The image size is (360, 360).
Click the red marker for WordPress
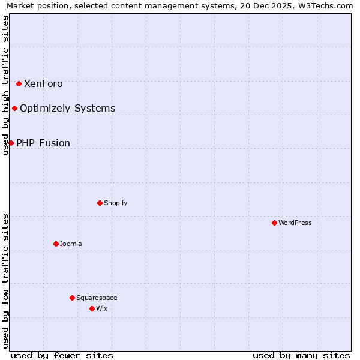274,223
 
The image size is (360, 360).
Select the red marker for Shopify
100,203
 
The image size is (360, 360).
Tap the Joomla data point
56,244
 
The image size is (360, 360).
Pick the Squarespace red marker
72,298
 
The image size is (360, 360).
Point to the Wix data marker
92,308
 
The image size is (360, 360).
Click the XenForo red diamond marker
19,83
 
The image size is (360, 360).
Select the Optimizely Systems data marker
14,108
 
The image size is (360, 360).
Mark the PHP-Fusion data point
11,143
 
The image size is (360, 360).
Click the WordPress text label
295,223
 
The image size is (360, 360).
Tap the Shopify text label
115,203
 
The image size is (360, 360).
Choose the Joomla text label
71,244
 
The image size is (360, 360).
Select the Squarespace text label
97,298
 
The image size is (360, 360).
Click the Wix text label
102,308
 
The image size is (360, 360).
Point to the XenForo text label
43,83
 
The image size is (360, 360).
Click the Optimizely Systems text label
67,108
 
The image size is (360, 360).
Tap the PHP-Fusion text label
43,143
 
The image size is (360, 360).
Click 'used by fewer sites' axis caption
62,355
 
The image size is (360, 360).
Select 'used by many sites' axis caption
301,355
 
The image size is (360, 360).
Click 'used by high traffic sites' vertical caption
5,85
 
